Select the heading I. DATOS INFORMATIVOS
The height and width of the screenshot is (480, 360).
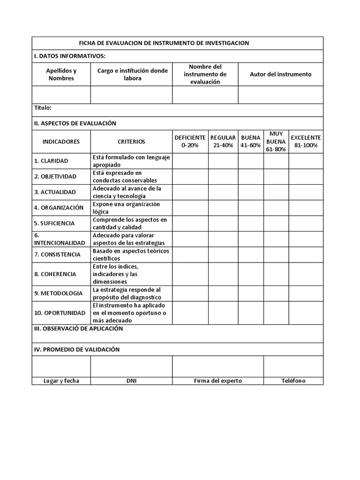[x=70, y=56]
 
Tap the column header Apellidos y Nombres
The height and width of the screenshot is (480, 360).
[x=61, y=75]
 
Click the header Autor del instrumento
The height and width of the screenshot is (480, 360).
[x=280, y=75]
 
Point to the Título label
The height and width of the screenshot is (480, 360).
[x=43, y=108]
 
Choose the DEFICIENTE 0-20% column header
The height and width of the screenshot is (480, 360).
[x=190, y=142]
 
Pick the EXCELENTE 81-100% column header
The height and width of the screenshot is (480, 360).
[x=306, y=142]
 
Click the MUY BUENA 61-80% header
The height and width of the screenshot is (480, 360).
[x=276, y=142]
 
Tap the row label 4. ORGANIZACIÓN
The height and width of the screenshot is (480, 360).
[x=59, y=208]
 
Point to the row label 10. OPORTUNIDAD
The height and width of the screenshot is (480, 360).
[x=60, y=313]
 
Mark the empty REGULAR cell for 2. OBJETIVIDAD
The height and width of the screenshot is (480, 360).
[x=223, y=177]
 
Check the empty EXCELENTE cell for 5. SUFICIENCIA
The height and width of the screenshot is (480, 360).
[x=306, y=224]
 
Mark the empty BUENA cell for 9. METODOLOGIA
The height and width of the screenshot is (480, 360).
[x=250, y=293]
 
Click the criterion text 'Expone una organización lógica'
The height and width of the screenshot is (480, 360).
[x=126, y=208]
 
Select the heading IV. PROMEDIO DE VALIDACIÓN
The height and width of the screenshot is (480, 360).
[x=77, y=350]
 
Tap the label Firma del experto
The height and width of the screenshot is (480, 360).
[x=217, y=381]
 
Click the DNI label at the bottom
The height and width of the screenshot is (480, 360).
[x=131, y=381]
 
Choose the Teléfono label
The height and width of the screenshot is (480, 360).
[x=293, y=381]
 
